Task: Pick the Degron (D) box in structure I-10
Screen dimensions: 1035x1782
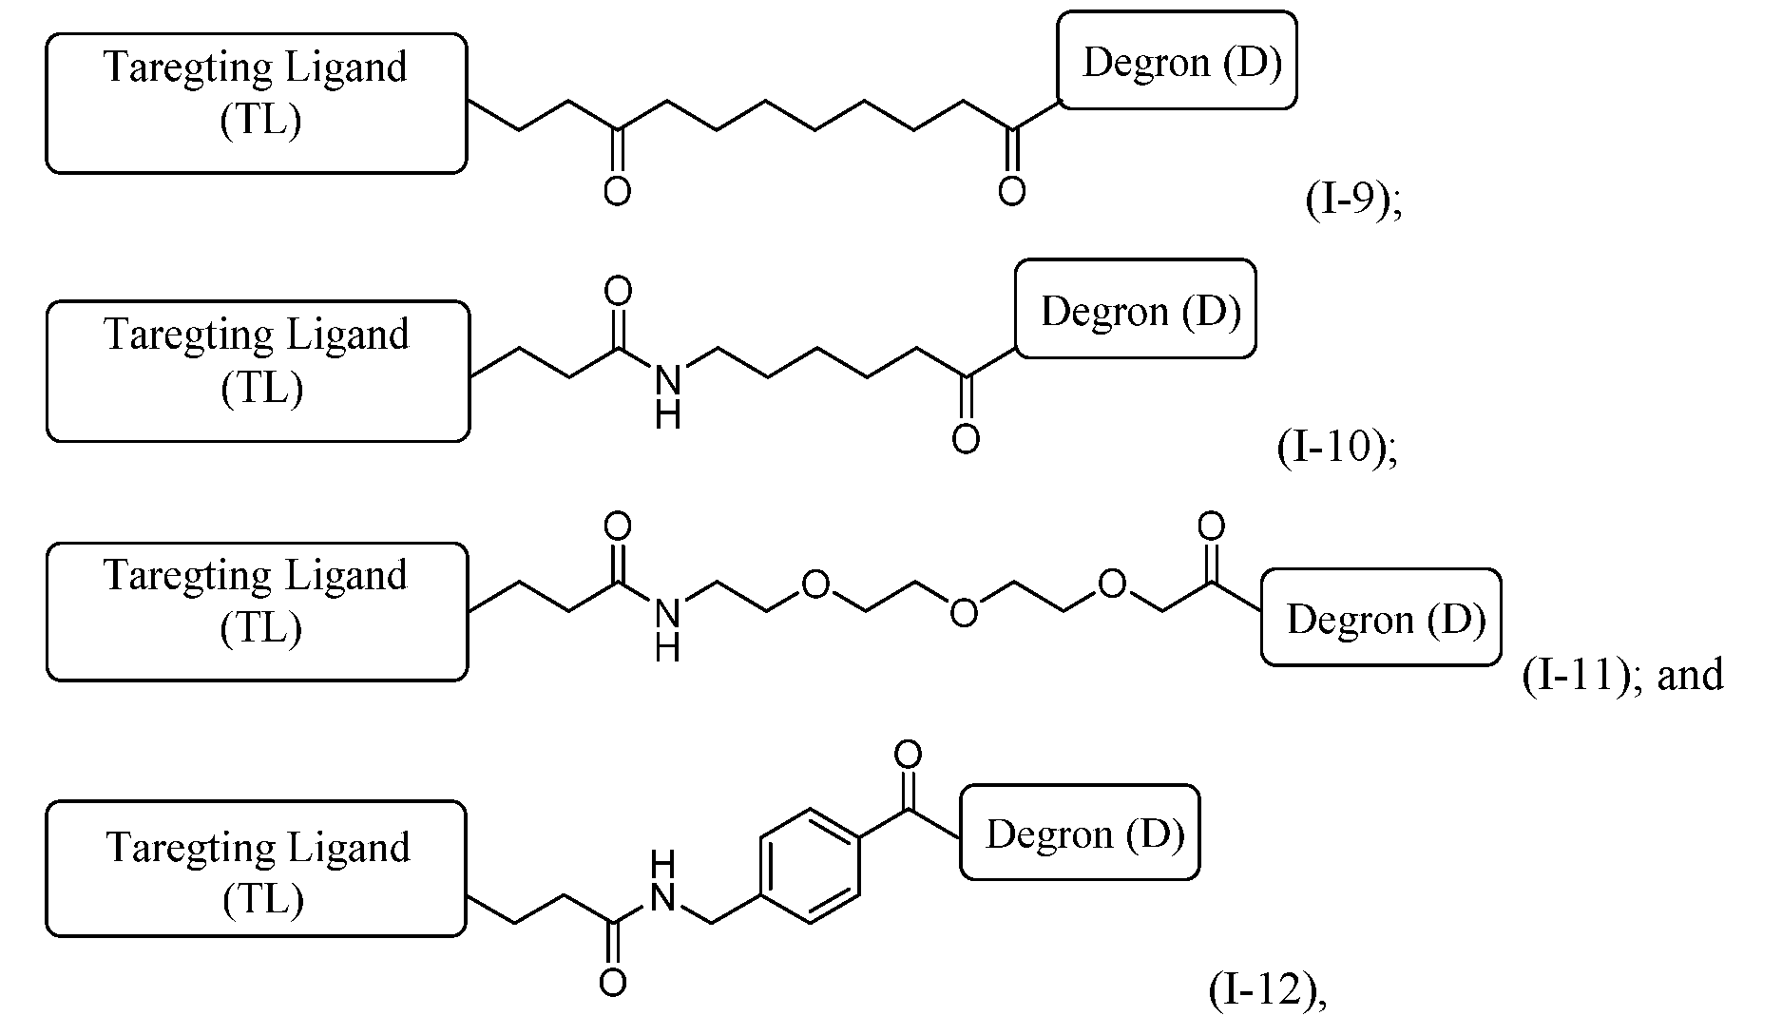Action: tap(1135, 310)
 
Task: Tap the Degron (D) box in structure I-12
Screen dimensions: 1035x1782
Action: tap(1080, 833)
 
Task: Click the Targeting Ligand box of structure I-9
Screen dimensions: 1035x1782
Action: tap(257, 104)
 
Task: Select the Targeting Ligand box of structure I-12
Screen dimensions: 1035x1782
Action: tap(257, 869)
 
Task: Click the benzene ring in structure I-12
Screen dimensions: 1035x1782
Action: tap(810, 866)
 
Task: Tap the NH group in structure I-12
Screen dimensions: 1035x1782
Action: tap(663, 881)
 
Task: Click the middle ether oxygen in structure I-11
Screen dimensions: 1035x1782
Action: tap(963, 612)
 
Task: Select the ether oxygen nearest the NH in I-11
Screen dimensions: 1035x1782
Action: tap(814, 584)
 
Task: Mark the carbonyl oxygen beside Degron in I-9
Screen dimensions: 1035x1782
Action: tap(1012, 191)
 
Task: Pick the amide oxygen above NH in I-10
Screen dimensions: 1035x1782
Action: tap(618, 290)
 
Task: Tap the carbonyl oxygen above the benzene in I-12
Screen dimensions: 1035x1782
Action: tap(908, 756)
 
